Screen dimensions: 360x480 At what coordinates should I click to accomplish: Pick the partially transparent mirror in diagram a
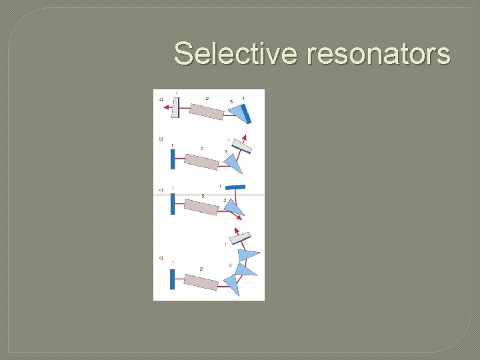(x=175, y=107)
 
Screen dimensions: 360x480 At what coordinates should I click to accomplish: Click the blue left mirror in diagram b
(x=172, y=159)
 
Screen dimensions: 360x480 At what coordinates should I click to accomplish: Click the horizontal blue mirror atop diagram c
(x=235, y=187)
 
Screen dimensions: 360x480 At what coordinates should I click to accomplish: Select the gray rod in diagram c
(x=201, y=207)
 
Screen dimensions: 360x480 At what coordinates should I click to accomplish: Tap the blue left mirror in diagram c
(x=172, y=204)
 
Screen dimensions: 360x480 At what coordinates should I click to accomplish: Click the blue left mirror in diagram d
(x=172, y=280)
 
